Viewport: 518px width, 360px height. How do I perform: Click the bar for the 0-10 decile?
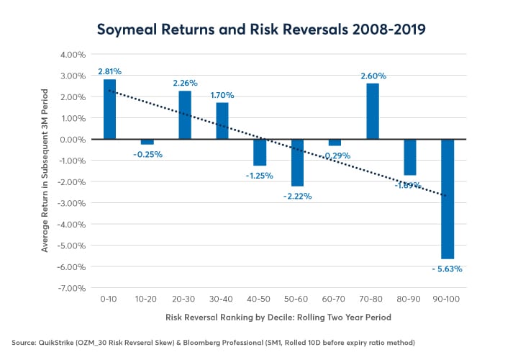[x=109, y=109]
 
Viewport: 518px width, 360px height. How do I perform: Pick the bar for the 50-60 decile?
[x=297, y=163]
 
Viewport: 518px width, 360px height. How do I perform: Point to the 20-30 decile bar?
[x=184, y=115]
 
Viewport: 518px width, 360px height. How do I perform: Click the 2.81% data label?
[x=109, y=72]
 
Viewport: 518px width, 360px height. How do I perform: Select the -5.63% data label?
[x=447, y=269]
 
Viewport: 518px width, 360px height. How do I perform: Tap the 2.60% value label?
[x=372, y=76]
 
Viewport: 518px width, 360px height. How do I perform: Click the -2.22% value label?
[x=297, y=196]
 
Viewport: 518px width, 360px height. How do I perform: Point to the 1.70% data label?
[x=222, y=95]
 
